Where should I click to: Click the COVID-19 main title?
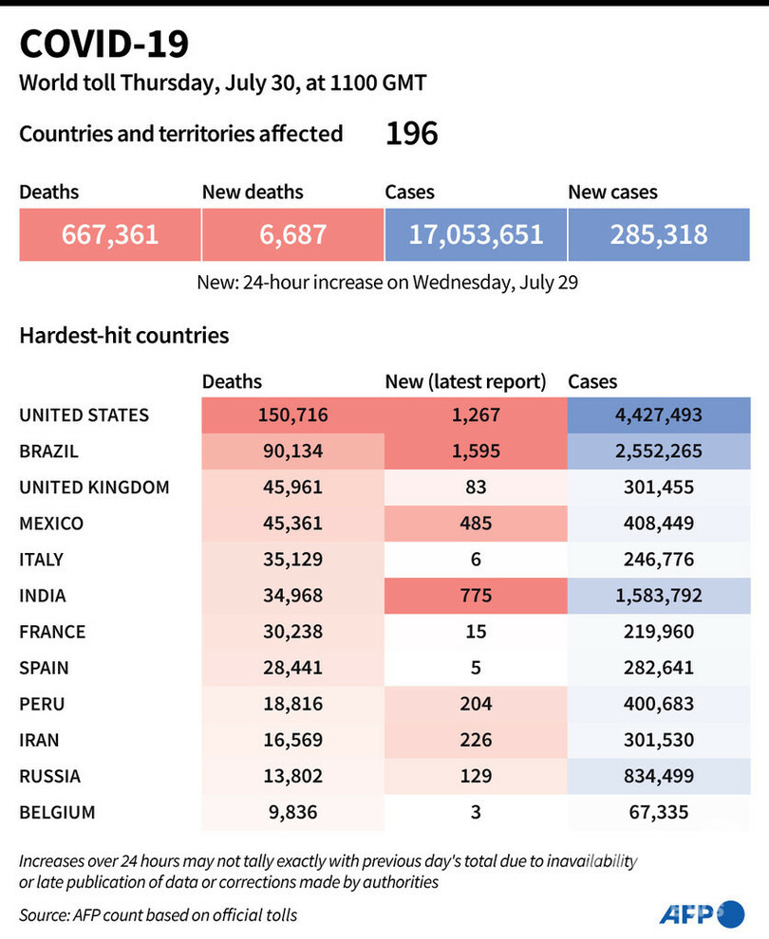pos(104,45)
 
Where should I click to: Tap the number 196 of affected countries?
pos(411,134)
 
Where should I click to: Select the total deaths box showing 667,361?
pos(110,234)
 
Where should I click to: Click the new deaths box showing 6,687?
pos(292,234)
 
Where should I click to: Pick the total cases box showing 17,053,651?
pos(476,234)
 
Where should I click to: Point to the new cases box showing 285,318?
pos(659,234)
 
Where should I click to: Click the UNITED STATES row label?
pos(84,414)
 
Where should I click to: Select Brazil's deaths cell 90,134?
pos(292,451)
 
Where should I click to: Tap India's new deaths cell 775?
pos(476,597)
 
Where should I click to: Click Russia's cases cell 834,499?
pos(659,777)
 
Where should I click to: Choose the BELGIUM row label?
pos(57,813)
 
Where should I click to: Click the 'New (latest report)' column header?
pos(465,382)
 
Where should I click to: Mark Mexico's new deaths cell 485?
pos(476,524)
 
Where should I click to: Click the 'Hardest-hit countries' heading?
pos(124,336)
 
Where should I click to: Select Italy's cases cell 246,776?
pos(659,560)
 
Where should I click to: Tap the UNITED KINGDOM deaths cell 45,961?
pos(292,488)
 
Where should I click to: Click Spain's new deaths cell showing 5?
pos(476,669)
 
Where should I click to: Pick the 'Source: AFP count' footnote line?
pos(158,914)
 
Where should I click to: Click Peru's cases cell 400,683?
pos(659,705)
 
